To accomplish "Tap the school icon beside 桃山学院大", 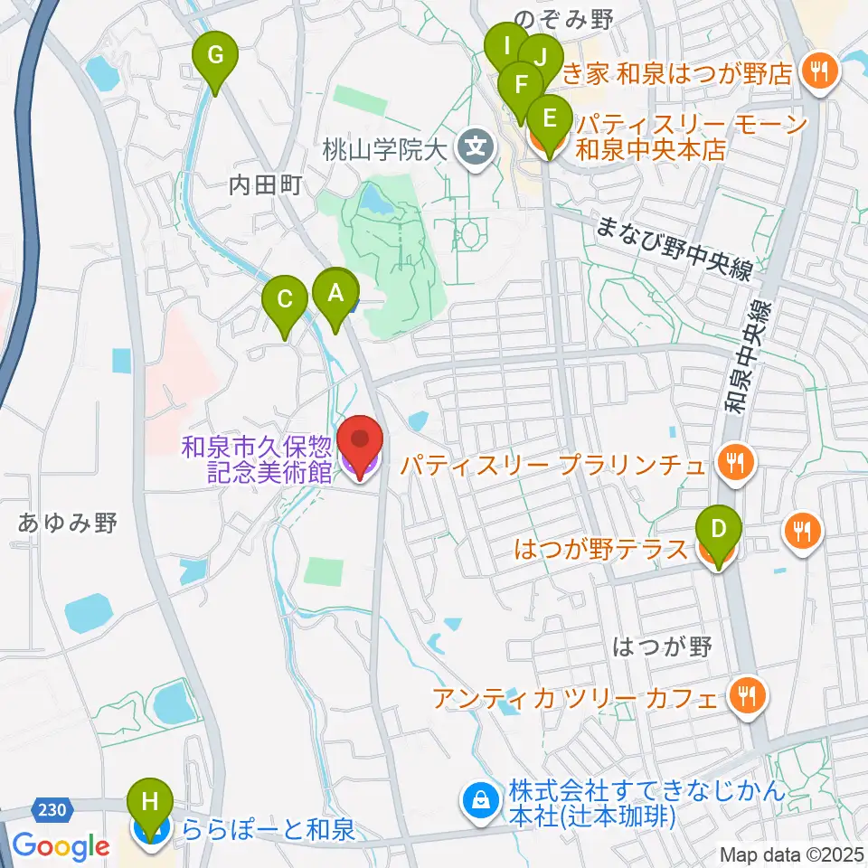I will [x=474, y=144].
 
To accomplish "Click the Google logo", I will [x=61, y=846].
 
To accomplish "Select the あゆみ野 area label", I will [x=68, y=523].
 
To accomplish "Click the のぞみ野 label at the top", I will [x=551, y=18].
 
